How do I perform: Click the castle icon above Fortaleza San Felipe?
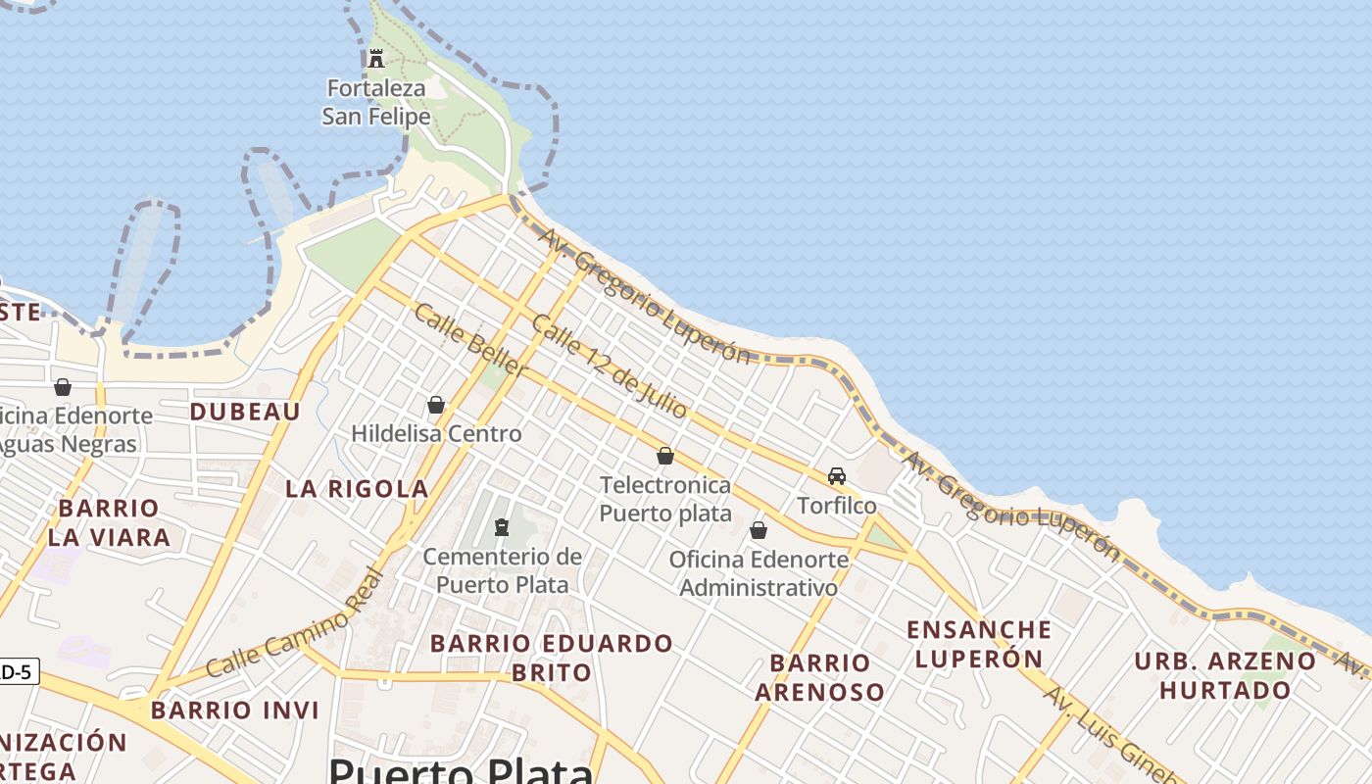[376, 58]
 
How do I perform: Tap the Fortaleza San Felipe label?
[376, 102]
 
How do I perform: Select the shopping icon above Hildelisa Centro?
[436, 405]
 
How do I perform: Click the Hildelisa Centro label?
[436, 433]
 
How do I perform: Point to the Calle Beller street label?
[470, 340]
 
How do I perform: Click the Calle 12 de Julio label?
[609, 367]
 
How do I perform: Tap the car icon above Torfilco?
[837, 476]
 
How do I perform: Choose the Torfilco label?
[837, 506]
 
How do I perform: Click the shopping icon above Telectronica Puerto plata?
[665, 456]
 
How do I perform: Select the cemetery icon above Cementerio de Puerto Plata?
[502, 527]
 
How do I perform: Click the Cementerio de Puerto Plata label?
[502, 570]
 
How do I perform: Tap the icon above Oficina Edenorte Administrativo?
[759, 530]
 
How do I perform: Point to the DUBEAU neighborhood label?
[245, 412]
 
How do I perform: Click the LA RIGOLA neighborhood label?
[357, 488]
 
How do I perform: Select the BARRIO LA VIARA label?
[109, 522]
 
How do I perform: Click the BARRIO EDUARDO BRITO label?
[552, 658]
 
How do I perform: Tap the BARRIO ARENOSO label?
[819, 677]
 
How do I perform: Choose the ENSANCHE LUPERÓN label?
[978, 644]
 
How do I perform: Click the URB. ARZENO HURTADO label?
[1225, 675]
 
